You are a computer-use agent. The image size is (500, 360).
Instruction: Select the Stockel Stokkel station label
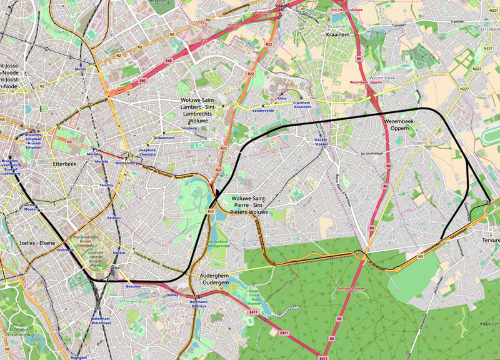click(321, 144)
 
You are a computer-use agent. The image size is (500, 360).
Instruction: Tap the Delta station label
click(115, 267)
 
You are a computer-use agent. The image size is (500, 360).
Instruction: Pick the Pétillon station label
click(114, 218)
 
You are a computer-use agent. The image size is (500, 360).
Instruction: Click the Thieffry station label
click(106, 186)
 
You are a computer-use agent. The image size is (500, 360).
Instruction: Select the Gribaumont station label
click(164, 137)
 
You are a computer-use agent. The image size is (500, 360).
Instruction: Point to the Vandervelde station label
click(262, 110)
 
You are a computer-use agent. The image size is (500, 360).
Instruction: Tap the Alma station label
click(282, 98)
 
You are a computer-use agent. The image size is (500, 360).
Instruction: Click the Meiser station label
click(80, 69)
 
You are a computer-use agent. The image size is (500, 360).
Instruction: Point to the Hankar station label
click(119, 253)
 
